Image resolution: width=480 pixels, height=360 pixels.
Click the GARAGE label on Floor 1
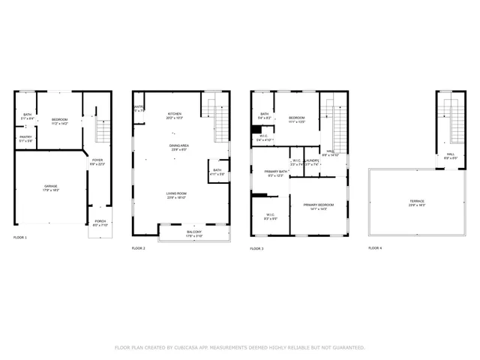[x=50, y=186]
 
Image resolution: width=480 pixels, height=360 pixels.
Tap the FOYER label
[x=97, y=160]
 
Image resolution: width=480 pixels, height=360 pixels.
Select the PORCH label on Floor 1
[x=100, y=220]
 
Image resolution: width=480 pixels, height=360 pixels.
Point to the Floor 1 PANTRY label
[x=25, y=136]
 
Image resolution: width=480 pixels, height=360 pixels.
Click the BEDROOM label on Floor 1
[x=59, y=119]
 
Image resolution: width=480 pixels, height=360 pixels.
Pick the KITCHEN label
[x=174, y=114]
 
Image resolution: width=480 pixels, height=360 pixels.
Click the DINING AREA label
[x=178, y=145]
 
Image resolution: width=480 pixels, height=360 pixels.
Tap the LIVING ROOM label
[x=177, y=193]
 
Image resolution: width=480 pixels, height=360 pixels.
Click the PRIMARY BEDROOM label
[x=318, y=205]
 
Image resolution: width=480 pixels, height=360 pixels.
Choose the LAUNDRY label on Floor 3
[x=313, y=160]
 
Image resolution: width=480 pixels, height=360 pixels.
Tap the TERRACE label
[x=416, y=201]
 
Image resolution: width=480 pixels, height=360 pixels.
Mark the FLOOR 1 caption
[x=20, y=238]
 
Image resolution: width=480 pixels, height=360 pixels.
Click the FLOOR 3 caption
[x=257, y=247]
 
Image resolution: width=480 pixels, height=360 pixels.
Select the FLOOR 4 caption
[x=374, y=247]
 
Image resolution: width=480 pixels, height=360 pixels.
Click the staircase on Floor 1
[x=103, y=133]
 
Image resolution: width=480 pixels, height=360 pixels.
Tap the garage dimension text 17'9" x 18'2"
[x=50, y=190]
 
